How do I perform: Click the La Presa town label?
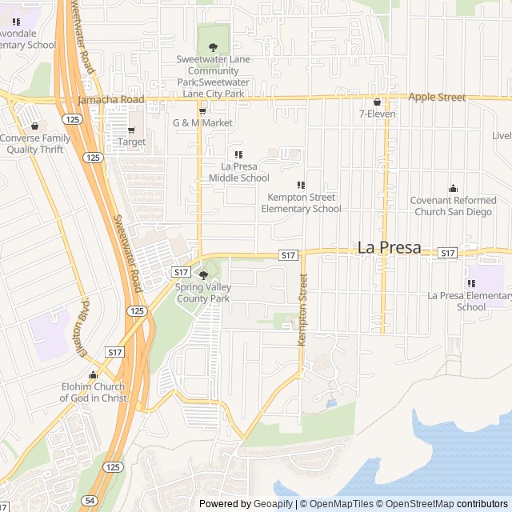pyautogui.click(x=389, y=248)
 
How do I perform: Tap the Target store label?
pyautogui.click(x=132, y=142)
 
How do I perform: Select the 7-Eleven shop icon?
pyautogui.click(x=377, y=102)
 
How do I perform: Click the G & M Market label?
pyautogui.click(x=202, y=123)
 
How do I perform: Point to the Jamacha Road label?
pyautogui.click(x=111, y=100)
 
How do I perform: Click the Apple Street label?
pyautogui.click(x=437, y=98)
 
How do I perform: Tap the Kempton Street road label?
pyautogui.click(x=302, y=310)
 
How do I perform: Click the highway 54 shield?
pyautogui.click(x=90, y=500)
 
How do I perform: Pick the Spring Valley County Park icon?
pyautogui.click(x=202, y=275)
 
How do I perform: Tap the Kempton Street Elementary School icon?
pyautogui.click(x=301, y=185)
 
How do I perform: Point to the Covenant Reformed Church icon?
pyautogui.click(x=453, y=189)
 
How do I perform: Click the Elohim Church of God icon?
pyautogui.click(x=94, y=375)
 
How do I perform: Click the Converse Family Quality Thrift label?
pyautogui.click(x=35, y=144)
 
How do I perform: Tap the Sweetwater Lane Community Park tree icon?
pyautogui.click(x=213, y=47)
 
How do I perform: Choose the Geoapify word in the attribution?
pyautogui.click(x=273, y=504)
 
